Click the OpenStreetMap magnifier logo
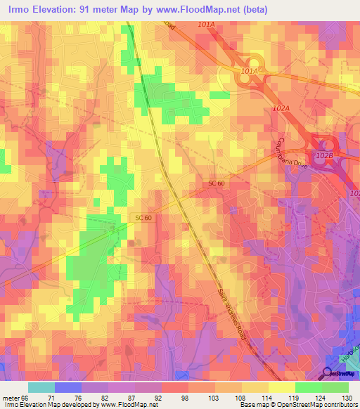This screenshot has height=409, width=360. (328, 373)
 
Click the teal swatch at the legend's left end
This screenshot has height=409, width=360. (41, 387)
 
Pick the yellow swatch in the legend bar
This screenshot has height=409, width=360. (281, 387)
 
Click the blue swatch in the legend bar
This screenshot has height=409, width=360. (68, 387)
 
